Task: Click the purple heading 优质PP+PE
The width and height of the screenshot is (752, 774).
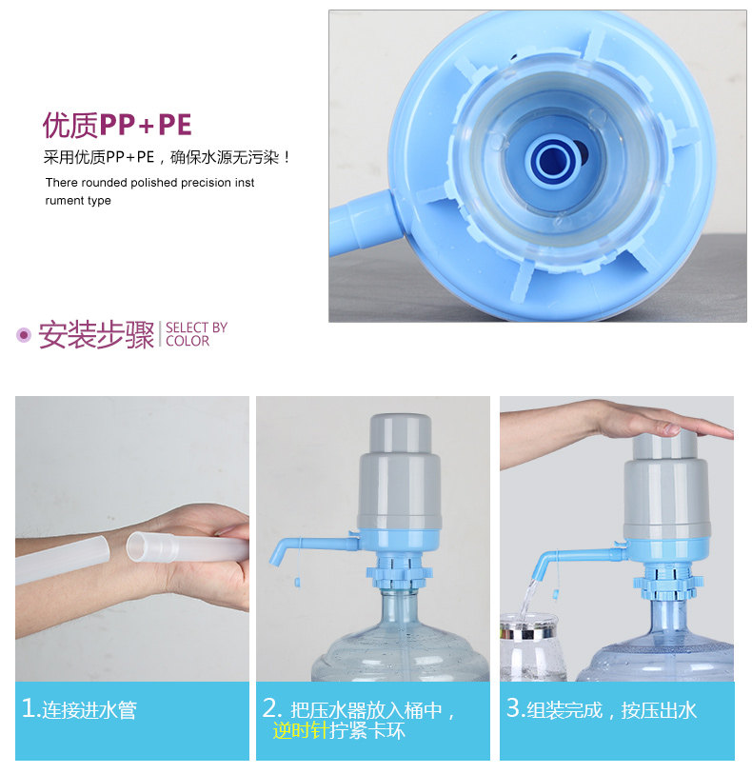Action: [x=117, y=125]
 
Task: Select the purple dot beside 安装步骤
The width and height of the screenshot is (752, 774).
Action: [x=23, y=335]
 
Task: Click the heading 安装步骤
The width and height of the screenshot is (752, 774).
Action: [x=96, y=335]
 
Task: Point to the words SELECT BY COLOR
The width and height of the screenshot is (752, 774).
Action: [x=196, y=335]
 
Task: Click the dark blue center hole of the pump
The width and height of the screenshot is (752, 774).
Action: [x=554, y=160]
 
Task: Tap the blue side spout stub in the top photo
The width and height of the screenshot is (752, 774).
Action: [x=364, y=223]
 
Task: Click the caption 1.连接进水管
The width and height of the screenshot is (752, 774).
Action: [x=79, y=709]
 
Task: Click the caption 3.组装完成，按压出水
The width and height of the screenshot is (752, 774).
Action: [x=601, y=709]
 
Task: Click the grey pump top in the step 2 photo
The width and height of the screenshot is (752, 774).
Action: [x=400, y=471]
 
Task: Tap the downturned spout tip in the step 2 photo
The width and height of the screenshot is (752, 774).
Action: [x=275, y=557]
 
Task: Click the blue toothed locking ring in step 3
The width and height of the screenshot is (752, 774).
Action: [x=668, y=585]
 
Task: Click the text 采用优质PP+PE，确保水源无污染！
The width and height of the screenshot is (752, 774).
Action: [x=167, y=157]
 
